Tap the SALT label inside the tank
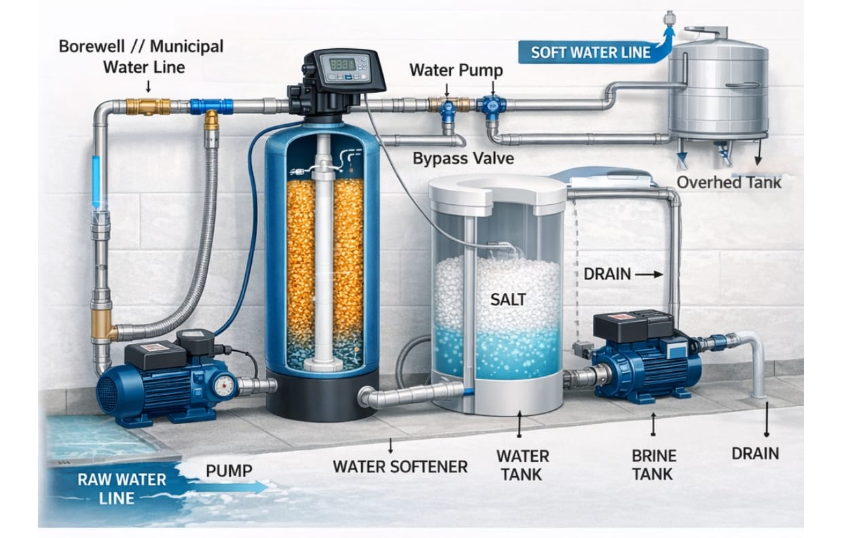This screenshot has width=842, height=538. pyautogui.click(x=508, y=299)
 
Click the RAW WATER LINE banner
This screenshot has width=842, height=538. pyautogui.click(x=122, y=488)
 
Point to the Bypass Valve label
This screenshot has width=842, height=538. pyautogui.click(x=463, y=159)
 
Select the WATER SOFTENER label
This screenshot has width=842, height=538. pyautogui.click(x=400, y=466)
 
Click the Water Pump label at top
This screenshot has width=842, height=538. pyautogui.click(x=456, y=70)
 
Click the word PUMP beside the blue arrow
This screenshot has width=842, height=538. pyautogui.click(x=229, y=470)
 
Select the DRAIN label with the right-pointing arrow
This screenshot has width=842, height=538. pyautogui.click(x=607, y=274)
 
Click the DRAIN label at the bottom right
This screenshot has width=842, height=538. pyautogui.click(x=755, y=453)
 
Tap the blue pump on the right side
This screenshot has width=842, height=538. pyautogui.click(x=645, y=360)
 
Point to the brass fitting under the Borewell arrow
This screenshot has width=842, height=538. pyautogui.click(x=147, y=106)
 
